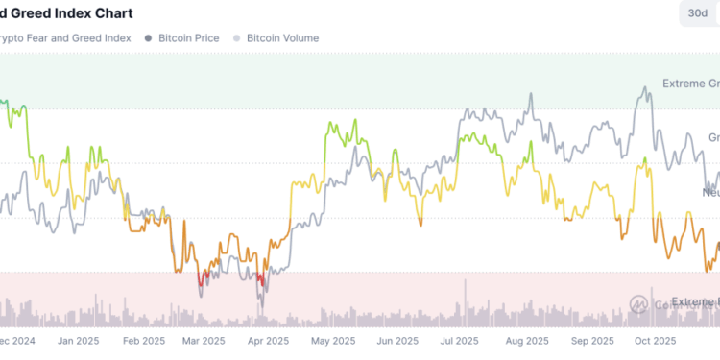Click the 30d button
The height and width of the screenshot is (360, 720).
[696, 13]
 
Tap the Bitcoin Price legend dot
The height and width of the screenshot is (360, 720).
[148, 38]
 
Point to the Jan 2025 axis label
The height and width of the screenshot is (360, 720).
[80, 340]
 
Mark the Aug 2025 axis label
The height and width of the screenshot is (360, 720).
[525, 340]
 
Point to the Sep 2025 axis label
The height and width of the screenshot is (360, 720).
[592, 340]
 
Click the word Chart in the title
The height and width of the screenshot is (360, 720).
[108, 13]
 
